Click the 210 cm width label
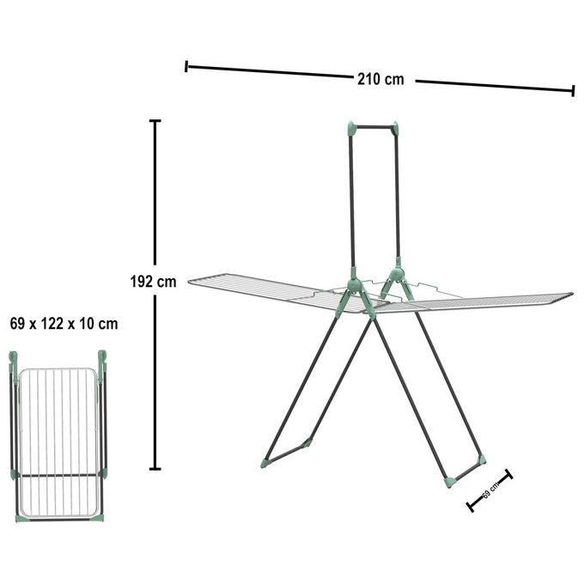[380, 79]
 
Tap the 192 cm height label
[153, 282]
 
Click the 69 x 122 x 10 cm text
[64, 324]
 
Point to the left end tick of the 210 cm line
[186, 66]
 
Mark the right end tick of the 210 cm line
[573, 90]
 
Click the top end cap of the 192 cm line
[155, 121]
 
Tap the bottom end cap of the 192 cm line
[155, 469]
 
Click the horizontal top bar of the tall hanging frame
[373, 127]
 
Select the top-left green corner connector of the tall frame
[351, 129]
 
